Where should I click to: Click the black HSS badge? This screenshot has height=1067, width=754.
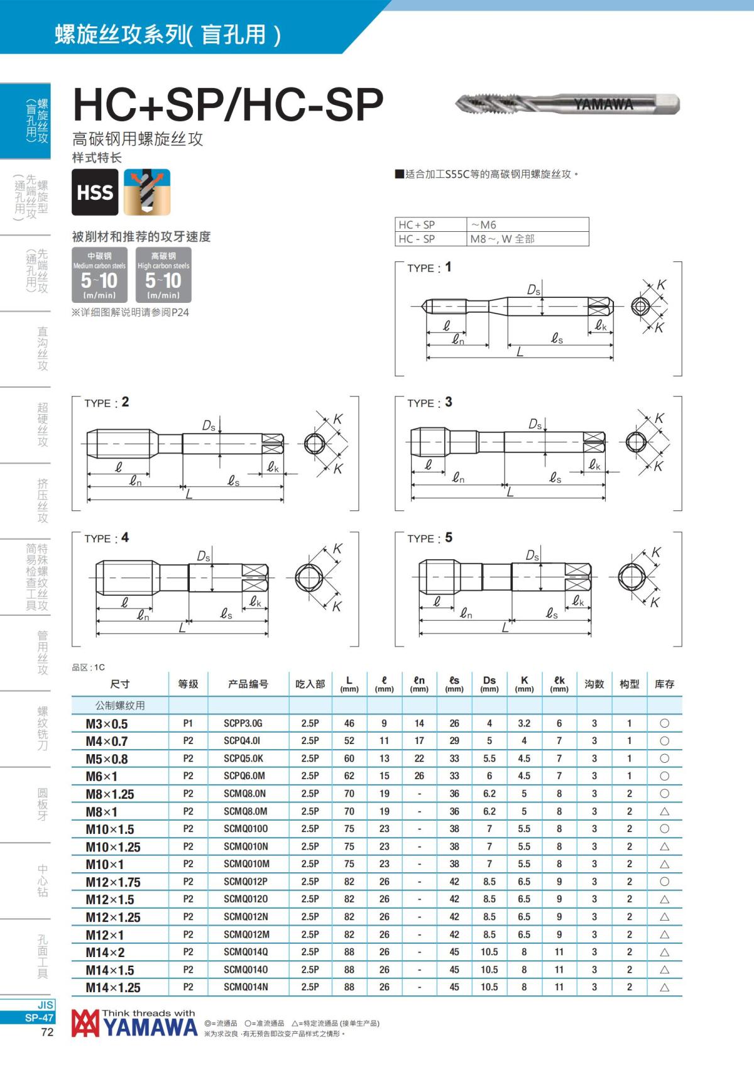coord(95,192)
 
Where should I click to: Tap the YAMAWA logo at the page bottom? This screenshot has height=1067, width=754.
coord(134,1024)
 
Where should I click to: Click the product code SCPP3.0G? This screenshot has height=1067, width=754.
coord(243,723)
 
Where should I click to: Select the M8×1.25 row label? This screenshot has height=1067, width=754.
coord(110,794)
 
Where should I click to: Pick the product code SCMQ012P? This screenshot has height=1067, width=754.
coord(246,882)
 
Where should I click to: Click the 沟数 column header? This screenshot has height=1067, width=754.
coord(594,684)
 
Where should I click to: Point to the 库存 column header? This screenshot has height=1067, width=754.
coord(664,684)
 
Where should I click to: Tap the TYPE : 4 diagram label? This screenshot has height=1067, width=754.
coord(106,538)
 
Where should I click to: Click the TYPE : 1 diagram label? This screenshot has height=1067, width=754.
coord(429,268)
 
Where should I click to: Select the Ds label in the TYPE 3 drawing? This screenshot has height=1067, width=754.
coord(535,425)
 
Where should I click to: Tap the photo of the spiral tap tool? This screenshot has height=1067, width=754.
coord(567,104)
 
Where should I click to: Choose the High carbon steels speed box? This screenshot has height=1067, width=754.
coord(163,275)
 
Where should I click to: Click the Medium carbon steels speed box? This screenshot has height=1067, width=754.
coord(99,275)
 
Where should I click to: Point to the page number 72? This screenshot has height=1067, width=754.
coord(47,1032)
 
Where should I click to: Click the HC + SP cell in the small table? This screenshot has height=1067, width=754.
coord(417,224)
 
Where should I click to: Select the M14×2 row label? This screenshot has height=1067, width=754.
coord(105,952)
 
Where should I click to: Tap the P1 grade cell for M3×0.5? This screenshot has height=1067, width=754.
coord(188,723)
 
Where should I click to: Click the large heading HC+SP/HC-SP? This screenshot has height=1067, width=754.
coord(228,104)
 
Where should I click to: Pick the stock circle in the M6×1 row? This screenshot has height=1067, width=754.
coord(664,776)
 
